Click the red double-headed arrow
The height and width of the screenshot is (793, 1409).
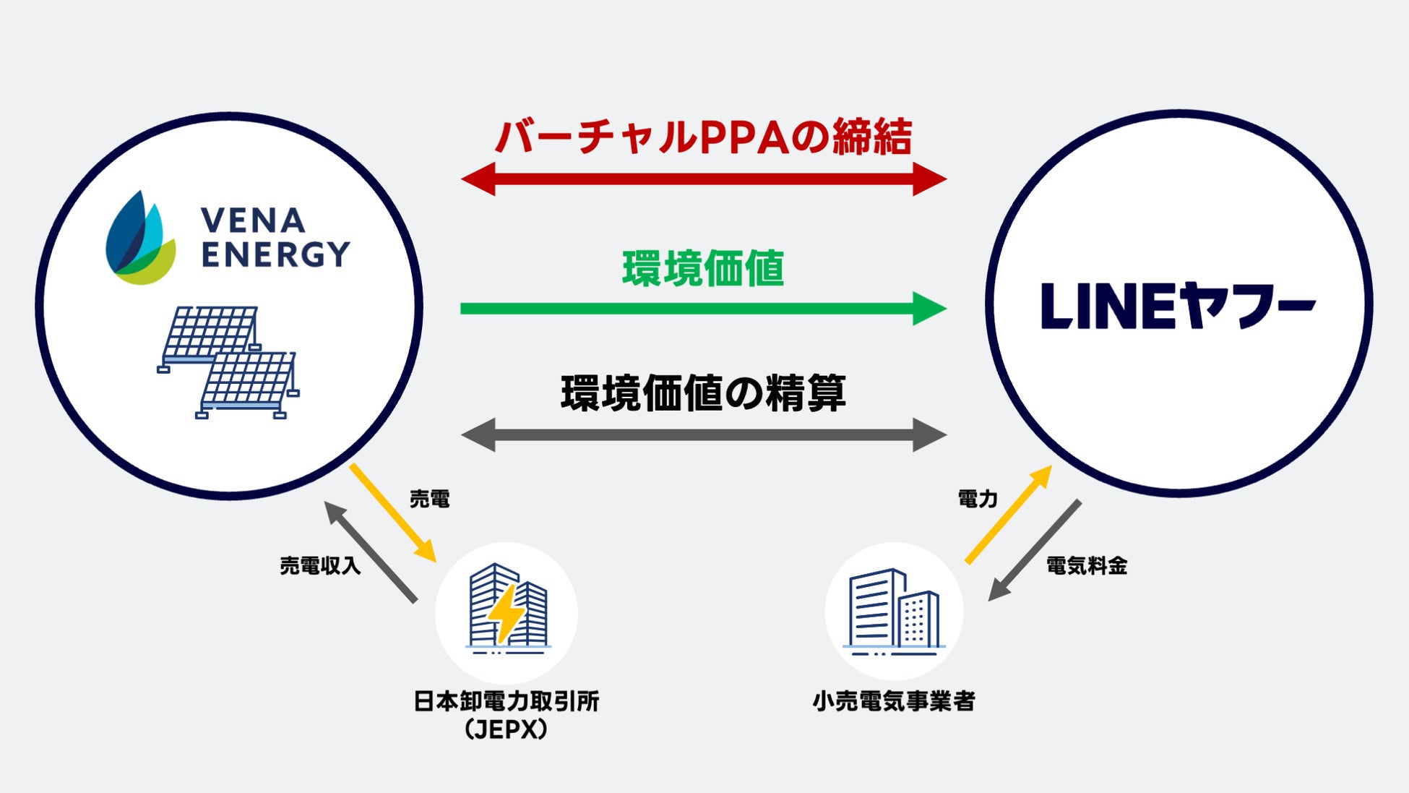[x=704, y=179]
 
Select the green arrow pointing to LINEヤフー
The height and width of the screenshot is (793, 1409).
[x=704, y=309]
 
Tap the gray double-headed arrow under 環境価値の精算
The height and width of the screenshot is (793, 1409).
[x=704, y=435]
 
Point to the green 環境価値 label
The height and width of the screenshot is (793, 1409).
[x=704, y=268]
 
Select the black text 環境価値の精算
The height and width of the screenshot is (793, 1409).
[x=704, y=393]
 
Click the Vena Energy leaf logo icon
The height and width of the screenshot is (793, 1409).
[x=140, y=238]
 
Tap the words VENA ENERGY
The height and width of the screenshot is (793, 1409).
[x=275, y=238]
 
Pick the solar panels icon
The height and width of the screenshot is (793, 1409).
[x=228, y=361]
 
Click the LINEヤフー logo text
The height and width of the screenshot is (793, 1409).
[x=1178, y=307]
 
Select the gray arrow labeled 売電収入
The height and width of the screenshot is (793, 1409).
[x=370, y=552]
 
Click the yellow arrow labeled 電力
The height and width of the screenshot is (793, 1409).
[x=1009, y=514]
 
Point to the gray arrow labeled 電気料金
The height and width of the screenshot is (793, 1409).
[x=1035, y=549]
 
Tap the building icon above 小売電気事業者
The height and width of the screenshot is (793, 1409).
[x=895, y=611]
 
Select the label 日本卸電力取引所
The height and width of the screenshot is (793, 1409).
[x=507, y=701]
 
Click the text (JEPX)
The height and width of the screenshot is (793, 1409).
[x=507, y=729]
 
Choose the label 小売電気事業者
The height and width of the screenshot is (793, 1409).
[x=895, y=701]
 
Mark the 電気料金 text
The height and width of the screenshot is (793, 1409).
[x=1087, y=566]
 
